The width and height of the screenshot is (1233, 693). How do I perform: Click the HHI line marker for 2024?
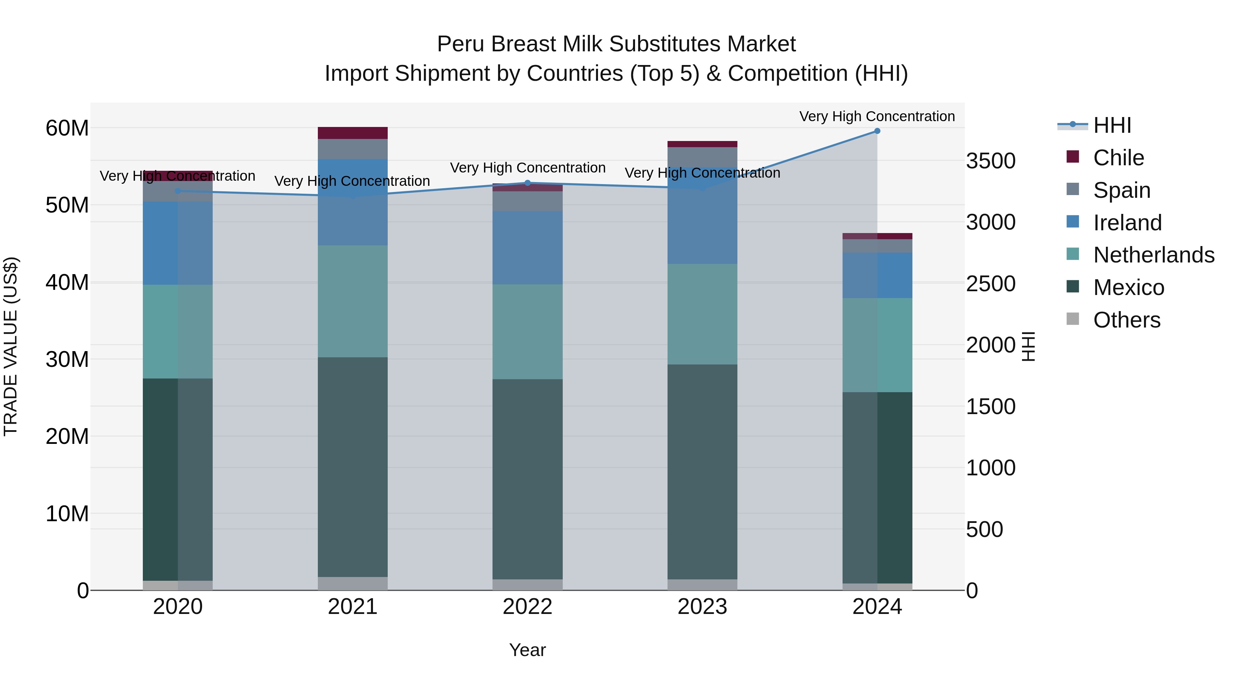point(877,131)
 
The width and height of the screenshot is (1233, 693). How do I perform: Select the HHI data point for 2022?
point(527,183)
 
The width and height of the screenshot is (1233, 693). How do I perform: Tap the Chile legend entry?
point(1118,158)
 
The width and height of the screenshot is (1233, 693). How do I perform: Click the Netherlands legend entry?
point(1154,255)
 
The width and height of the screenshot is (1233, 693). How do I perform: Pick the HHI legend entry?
point(1112,125)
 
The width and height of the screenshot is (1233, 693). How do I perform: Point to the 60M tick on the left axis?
point(67,128)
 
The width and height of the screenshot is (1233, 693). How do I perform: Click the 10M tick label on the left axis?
point(67,514)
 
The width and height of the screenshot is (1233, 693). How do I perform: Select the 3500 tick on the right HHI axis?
point(990,161)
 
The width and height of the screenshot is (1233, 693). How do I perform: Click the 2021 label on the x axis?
point(353,607)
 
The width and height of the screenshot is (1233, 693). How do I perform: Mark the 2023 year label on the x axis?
point(702,607)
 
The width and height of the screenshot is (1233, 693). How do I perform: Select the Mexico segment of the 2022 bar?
point(527,478)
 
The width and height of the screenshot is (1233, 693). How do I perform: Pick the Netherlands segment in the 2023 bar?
point(702,314)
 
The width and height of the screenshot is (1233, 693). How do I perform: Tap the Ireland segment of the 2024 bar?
point(877,275)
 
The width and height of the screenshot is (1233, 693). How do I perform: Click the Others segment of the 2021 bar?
point(353,583)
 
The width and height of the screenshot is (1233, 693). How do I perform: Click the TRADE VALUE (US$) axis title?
point(11,346)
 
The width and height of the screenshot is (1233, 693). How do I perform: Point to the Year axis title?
point(527,650)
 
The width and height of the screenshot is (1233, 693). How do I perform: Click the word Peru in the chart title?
point(460,44)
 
